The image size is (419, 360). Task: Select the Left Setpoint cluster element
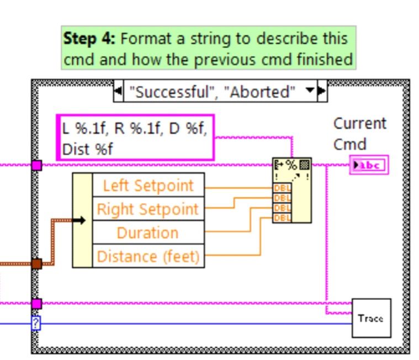tap(148, 186)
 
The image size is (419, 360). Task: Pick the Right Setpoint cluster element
tap(148, 209)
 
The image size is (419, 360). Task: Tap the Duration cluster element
tap(148, 233)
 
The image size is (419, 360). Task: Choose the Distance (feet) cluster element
tap(148, 257)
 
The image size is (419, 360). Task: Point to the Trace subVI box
tap(371, 318)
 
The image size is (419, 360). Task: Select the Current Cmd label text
tap(359, 134)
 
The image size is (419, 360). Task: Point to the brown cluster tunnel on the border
tap(36, 264)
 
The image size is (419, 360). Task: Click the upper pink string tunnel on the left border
tap(36, 165)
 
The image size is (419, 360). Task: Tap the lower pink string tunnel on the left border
tap(36, 303)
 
